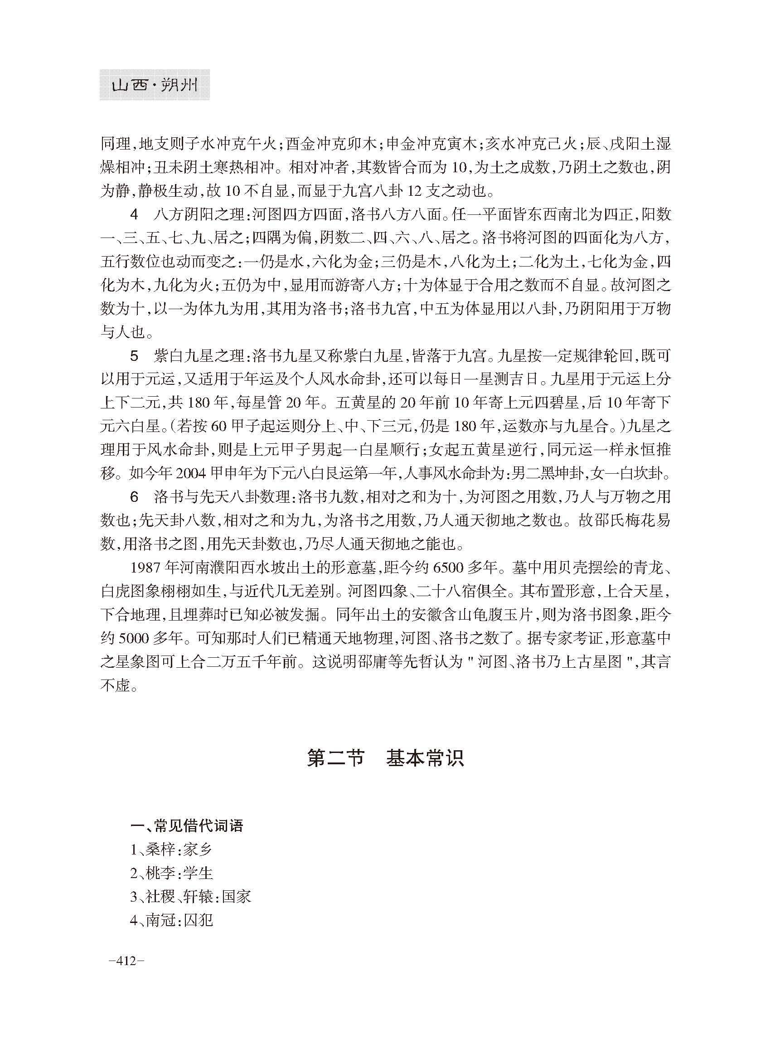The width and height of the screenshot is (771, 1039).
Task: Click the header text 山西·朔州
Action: pos(155,85)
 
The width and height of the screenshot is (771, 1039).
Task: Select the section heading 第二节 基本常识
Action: pos(385,758)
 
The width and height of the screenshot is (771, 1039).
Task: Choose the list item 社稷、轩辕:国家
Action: pos(191,897)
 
